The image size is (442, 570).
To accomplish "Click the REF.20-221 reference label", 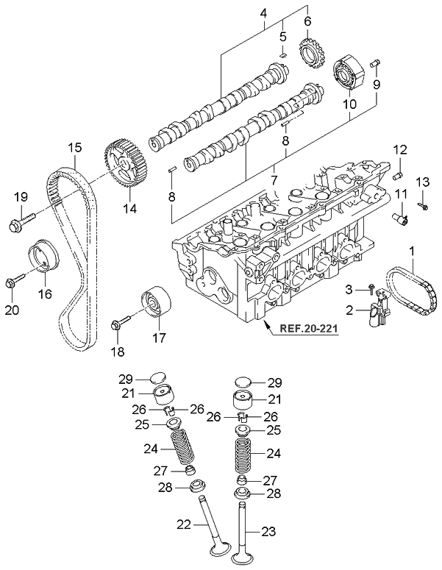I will point(308,329).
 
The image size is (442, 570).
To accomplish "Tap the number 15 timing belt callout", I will point(74,147).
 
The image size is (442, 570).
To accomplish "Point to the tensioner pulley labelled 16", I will point(43,262).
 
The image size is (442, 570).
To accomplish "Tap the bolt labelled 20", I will point(13,281).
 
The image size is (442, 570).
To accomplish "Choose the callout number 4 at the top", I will point(265,13).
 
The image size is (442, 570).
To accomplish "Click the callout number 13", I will point(422,182).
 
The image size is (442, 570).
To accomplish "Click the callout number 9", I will point(376,85).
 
